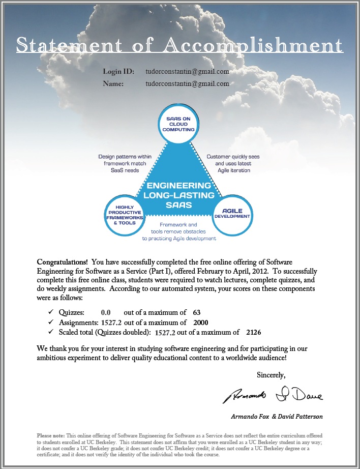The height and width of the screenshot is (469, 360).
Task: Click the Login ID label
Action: (118, 72)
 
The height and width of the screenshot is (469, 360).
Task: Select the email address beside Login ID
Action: (187, 72)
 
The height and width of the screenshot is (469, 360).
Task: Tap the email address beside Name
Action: (187, 83)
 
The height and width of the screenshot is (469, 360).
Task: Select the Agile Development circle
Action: (232, 213)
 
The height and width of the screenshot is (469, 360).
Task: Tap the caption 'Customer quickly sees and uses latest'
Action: (233, 160)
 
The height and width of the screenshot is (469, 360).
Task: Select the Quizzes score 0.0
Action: (106, 312)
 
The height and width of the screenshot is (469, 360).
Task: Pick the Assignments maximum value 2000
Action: (200, 323)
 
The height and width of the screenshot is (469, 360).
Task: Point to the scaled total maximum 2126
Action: (253, 333)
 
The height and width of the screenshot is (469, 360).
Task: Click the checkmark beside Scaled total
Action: (50, 333)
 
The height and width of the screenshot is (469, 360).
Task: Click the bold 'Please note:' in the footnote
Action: (51, 436)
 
